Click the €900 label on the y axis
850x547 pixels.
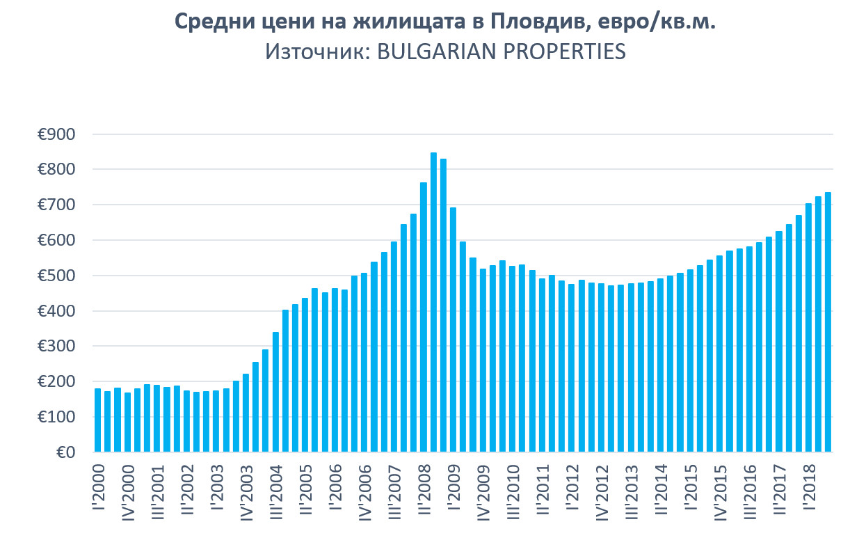coord(57,134)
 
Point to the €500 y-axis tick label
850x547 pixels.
coord(57,276)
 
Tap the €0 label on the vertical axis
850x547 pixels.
coord(67,453)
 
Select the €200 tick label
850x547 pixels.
coord(57,382)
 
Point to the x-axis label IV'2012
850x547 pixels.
coord(602,491)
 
